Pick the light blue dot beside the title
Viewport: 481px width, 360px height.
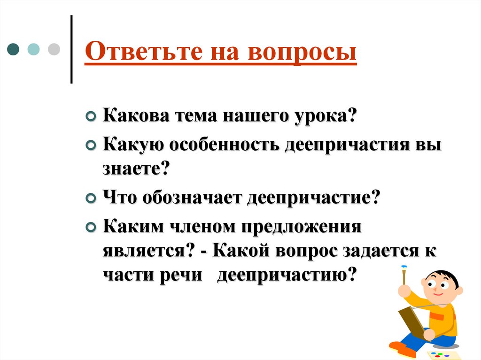34,49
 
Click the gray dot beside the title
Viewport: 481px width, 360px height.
54,49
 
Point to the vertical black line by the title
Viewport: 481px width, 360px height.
71,49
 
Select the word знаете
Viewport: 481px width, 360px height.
136,168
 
